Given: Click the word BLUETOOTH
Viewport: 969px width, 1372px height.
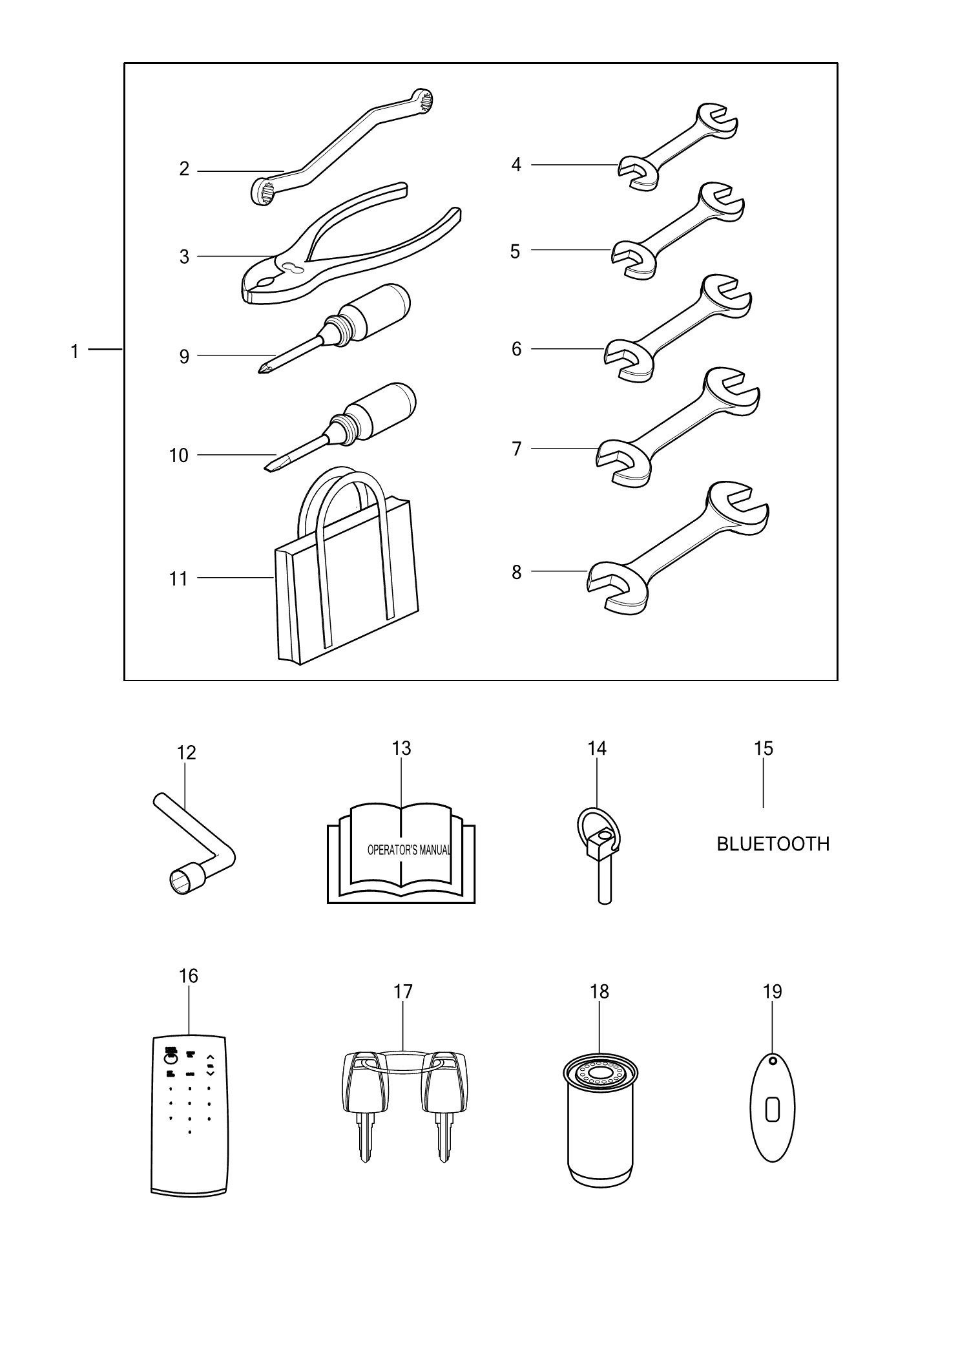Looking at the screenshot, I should pos(773,844).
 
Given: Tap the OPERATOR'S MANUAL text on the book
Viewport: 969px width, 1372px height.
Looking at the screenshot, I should pos(408,850).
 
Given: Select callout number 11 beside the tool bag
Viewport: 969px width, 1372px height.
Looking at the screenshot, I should pos(178,579).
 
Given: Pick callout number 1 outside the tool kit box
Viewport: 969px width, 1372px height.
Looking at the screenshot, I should pos(75,352).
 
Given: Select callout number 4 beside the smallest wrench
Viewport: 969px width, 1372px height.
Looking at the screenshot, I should pos(516,165).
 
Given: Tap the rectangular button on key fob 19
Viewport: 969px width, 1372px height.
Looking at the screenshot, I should pos(773,1110).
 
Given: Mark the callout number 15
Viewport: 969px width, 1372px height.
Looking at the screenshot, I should pos(764,748).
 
